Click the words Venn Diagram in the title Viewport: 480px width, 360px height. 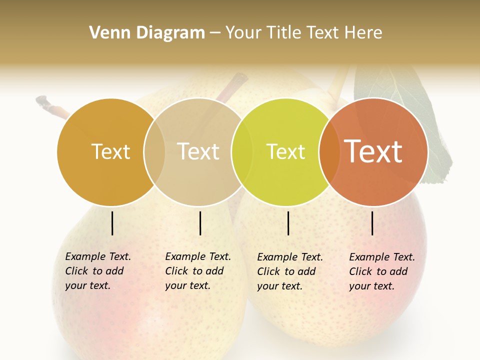(147, 33)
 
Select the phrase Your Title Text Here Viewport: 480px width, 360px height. (303, 33)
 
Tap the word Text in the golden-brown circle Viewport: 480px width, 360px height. (110, 151)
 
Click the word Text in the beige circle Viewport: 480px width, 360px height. (198, 151)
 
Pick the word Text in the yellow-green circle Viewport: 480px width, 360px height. (285, 151)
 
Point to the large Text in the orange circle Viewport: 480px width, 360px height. (373, 151)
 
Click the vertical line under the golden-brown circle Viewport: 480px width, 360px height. (112, 223)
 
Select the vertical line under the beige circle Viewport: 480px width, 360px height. (200, 223)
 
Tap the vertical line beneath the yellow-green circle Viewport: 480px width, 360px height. (288, 223)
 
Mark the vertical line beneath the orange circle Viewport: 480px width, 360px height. (372, 223)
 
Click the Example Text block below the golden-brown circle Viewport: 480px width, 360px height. (98, 271)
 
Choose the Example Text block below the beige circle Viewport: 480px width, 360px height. (198, 271)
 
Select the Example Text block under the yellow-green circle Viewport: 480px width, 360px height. (290, 271)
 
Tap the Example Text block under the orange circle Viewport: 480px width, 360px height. (382, 271)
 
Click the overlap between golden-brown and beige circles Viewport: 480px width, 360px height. (154, 151)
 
